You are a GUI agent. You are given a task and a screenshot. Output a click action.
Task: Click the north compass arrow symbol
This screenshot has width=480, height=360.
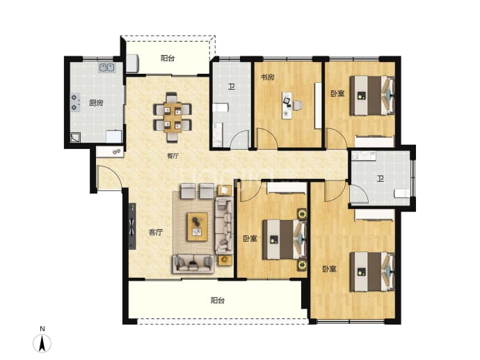pyautogui.click(x=42, y=343)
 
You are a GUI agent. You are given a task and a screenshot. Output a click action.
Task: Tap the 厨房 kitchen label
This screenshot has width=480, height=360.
pyautogui.click(x=96, y=103)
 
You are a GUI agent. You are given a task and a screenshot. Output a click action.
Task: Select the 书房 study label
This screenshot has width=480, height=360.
pyautogui.click(x=268, y=77)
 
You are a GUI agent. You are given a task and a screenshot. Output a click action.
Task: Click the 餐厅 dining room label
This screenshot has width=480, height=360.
pyautogui.click(x=173, y=156)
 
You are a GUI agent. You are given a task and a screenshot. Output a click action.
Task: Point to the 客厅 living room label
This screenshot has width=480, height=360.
pyautogui.click(x=156, y=233)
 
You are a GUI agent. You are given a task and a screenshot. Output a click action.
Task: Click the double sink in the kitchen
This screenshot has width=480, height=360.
pyautogui.click(x=106, y=67)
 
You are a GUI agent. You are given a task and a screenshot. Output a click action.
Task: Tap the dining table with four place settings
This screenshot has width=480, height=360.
pyautogui.click(x=173, y=118)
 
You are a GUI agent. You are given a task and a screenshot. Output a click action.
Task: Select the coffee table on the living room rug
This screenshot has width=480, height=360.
pyautogui.click(x=198, y=227)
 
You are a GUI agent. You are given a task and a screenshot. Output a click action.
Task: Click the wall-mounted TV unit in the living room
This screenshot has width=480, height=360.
pyautogui.click(x=132, y=226)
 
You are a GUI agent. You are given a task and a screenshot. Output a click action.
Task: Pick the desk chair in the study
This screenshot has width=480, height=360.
pyautogui.click(x=298, y=105)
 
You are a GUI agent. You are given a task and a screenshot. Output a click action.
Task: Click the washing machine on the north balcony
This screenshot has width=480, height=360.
pyautogui.click(x=133, y=63)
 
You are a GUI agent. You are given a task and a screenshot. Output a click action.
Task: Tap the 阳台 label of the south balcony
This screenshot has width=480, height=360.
pyautogui.click(x=218, y=301)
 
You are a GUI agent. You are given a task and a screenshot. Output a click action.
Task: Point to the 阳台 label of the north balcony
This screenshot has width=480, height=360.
pyautogui.click(x=168, y=58)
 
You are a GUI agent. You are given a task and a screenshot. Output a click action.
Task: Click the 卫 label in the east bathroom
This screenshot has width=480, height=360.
pyautogui.click(x=381, y=179)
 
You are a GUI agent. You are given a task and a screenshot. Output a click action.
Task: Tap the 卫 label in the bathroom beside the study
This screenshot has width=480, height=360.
pyautogui.click(x=232, y=87)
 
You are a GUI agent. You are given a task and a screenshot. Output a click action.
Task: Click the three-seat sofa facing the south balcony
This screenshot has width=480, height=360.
pyautogui.click(x=193, y=263)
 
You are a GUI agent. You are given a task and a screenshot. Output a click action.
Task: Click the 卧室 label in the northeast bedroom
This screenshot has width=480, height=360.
pyautogui.click(x=337, y=93)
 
